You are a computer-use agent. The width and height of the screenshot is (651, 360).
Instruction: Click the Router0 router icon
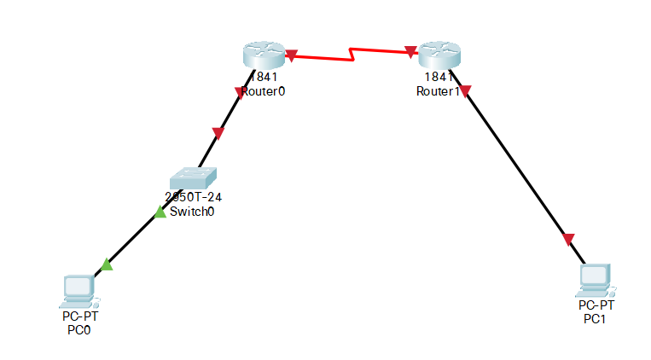coord(262,55)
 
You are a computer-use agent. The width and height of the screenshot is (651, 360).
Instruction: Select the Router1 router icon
coord(438,55)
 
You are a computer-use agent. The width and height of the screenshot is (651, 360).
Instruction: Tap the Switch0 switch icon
coord(194,177)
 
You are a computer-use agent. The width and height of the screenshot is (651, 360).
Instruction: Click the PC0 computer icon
coord(78,291)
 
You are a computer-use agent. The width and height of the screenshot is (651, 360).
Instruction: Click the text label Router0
coord(263,91)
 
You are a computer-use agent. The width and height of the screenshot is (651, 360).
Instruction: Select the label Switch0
coord(193,212)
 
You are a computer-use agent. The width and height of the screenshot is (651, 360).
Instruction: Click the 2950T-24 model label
coord(194,197)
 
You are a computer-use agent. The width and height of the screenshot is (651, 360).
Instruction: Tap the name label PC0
coord(78,331)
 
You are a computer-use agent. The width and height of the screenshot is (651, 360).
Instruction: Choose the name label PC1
coord(596,318)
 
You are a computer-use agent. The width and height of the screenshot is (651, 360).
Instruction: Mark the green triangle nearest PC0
coord(107,265)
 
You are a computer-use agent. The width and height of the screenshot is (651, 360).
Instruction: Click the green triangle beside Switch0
coord(160,212)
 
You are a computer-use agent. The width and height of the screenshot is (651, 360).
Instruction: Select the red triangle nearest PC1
coord(569,239)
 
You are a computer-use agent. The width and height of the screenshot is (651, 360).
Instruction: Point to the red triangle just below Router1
coord(466,91)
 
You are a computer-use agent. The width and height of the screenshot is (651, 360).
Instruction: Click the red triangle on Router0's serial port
coord(291,55)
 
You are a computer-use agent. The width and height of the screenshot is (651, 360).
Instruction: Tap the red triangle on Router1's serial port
coord(411,52)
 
